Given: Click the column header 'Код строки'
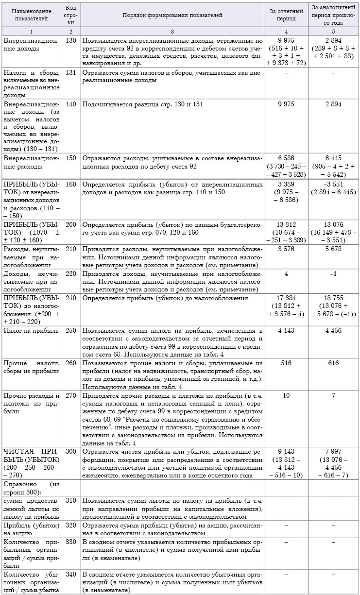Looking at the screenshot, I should tap(71, 16).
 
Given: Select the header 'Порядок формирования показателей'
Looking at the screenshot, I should tap(172, 16).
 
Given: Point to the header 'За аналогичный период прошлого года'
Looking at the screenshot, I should tap(333, 16).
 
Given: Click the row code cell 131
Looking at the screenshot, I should tap(71, 72).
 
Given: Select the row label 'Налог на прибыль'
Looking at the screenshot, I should tap(27, 330).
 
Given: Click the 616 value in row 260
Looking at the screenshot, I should tap(333, 363).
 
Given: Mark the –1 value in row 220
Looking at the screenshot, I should tap(333, 274).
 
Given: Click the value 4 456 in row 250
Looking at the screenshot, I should tap(333, 330).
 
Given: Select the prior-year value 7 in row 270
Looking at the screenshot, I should tap(333, 395).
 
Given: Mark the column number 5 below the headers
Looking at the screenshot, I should tap(333, 32).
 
